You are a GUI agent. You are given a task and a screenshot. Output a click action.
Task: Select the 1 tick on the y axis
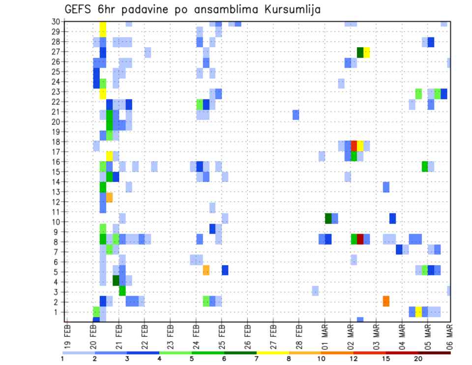57,312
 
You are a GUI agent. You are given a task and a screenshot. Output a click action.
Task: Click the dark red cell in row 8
360,239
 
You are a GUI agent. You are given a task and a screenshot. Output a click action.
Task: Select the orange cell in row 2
386,301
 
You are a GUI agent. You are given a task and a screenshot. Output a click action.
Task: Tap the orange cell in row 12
109,197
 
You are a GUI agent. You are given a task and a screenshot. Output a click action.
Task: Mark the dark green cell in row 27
360,52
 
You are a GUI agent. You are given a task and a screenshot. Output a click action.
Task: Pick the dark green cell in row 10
328,218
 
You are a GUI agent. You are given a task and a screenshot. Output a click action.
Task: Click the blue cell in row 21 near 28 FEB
295,115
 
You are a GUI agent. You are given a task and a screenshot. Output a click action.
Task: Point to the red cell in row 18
354,146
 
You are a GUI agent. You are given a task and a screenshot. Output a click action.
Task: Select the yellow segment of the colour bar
273,353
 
